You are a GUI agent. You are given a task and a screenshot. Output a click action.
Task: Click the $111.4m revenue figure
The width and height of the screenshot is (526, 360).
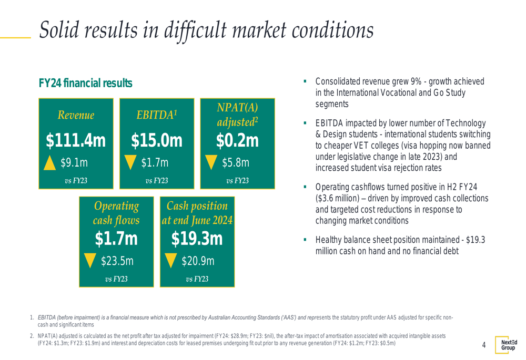(x=75, y=141)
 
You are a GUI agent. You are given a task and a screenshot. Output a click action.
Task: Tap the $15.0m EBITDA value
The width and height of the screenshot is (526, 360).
(x=157, y=141)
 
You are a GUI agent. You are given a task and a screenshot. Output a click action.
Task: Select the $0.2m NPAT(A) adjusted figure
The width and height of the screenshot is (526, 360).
(x=237, y=140)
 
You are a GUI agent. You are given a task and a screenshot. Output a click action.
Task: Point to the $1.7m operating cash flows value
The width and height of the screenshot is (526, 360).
(x=116, y=239)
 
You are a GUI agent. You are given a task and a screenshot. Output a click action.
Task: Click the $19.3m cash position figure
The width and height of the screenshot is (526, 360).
(x=197, y=239)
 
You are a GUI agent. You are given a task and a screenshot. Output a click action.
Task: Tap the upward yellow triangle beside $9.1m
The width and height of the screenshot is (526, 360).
(x=50, y=162)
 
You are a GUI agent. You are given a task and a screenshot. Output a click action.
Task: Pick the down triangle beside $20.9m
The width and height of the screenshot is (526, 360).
(x=171, y=260)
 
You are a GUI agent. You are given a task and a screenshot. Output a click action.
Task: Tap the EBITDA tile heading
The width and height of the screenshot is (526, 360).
(x=157, y=115)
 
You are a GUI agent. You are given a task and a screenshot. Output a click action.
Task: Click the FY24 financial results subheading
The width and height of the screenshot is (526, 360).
(x=84, y=84)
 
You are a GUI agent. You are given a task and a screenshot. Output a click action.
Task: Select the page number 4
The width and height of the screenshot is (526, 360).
(x=483, y=346)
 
